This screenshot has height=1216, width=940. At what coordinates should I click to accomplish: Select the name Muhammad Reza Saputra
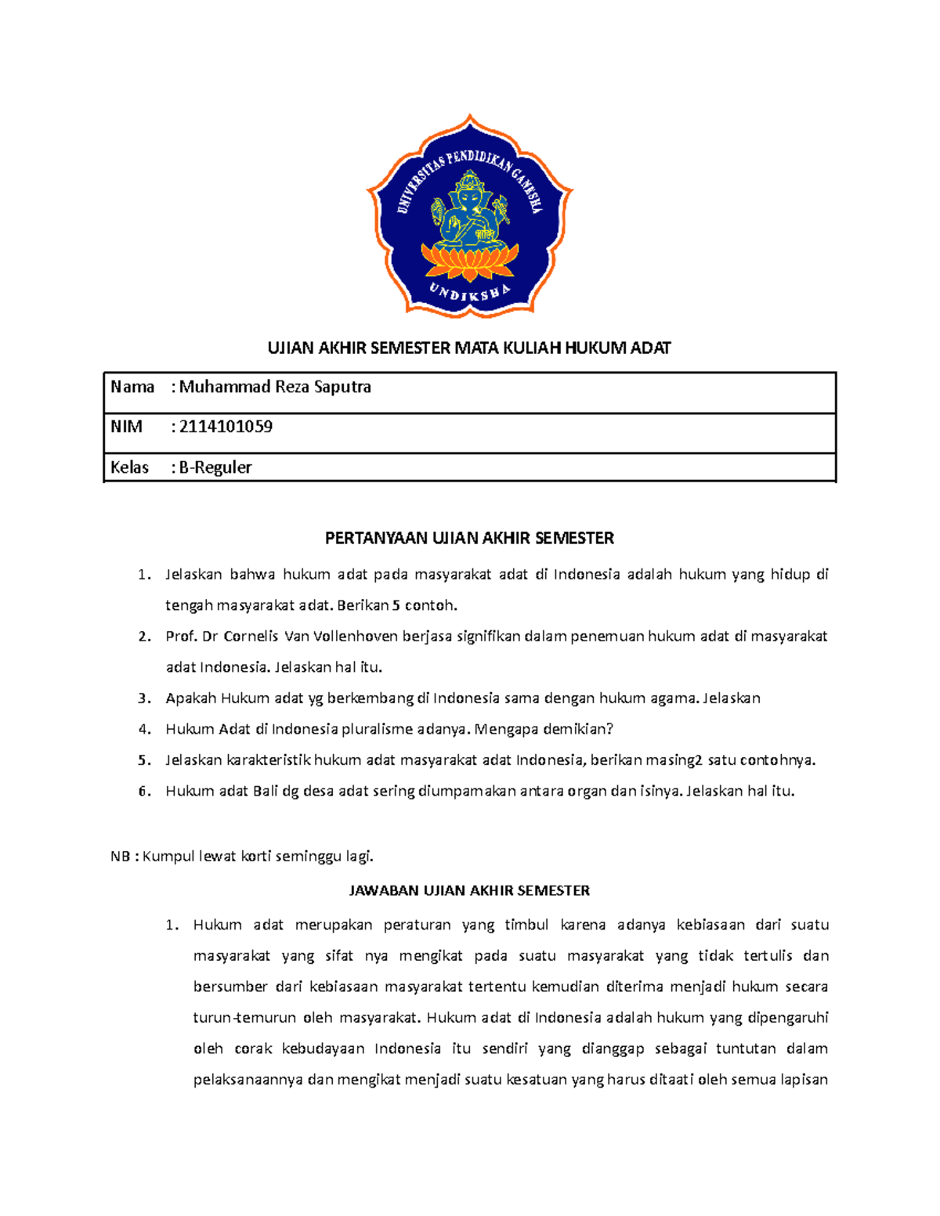point(275,387)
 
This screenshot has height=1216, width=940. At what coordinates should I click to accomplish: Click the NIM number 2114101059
point(226,427)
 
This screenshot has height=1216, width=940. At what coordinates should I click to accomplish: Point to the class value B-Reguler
point(215,467)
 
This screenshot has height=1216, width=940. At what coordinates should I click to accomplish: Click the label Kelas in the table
point(129,467)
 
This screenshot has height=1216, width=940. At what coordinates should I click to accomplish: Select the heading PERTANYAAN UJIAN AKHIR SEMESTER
point(469,538)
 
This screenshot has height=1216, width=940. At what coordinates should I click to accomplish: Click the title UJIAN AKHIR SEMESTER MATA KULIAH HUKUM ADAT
point(469,348)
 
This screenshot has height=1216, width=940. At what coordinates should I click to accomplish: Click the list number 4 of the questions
point(144,729)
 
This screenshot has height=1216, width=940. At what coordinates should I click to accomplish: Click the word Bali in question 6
point(266,791)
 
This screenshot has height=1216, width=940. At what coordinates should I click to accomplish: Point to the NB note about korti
point(242,856)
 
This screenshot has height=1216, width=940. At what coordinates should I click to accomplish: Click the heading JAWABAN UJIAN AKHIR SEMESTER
point(469,890)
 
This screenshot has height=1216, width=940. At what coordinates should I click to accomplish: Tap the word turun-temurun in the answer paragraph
point(245,1018)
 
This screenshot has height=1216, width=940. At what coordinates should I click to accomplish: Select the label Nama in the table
point(132,387)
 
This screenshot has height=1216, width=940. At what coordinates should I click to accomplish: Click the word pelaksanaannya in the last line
point(248,1080)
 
